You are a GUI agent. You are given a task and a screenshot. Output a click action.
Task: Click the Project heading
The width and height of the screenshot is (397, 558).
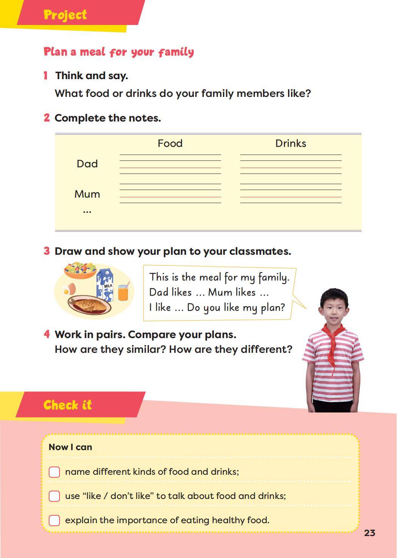pyautogui.click(x=65, y=15)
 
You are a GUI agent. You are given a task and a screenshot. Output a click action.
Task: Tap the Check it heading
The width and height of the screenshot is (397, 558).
pyautogui.click(x=67, y=405)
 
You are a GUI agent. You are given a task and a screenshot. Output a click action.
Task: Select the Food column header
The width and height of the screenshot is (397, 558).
pyautogui.click(x=170, y=143)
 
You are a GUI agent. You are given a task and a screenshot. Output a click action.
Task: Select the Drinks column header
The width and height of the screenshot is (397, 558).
pyautogui.click(x=290, y=143)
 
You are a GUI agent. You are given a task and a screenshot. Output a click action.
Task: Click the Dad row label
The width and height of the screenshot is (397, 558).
pyautogui.click(x=87, y=164)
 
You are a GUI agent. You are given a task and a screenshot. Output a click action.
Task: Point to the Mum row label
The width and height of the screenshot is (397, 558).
pyautogui.click(x=87, y=194)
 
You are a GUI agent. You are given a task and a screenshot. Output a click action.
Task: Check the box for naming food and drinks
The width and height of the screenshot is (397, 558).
pyautogui.click(x=54, y=472)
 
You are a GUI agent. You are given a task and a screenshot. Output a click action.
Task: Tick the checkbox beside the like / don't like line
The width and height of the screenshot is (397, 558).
pyautogui.click(x=54, y=496)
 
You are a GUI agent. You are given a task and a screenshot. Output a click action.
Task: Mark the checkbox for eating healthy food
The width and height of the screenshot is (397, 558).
pyautogui.click(x=54, y=520)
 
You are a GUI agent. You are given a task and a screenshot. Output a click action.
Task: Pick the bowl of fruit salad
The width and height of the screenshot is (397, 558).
pyautogui.click(x=80, y=270)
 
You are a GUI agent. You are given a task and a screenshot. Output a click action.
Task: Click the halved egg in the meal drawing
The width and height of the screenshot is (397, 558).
pyautogui.click(x=69, y=290)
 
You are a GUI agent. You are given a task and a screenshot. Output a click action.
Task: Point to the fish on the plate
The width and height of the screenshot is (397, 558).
pyautogui.click(x=89, y=304)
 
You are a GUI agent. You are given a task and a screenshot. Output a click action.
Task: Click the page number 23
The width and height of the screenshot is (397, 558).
pyautogui.click(x=369, y=533)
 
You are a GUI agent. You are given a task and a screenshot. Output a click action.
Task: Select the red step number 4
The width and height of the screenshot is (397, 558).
pyautogui.click(x=47, y=334)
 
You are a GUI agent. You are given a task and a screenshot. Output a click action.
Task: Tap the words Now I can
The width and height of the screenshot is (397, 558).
pyautogui.click(x=70, y=447)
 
